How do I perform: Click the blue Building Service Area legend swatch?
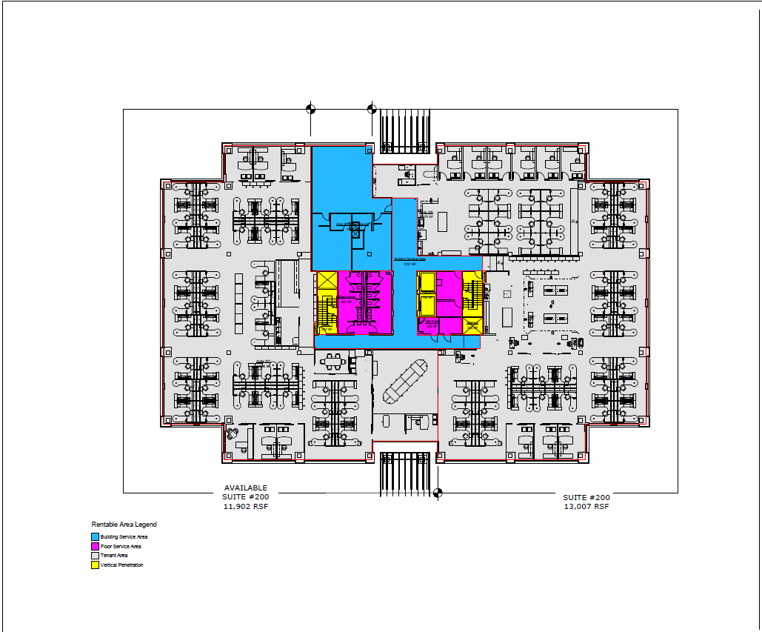point(95,536)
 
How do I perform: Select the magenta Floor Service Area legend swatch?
point(95,546)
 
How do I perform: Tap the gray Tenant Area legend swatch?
point(95,556)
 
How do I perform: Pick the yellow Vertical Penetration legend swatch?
point(95,565)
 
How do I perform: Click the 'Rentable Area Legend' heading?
point(124,525)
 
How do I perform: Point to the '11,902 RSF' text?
point(247,507)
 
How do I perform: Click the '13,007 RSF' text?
point(586,507)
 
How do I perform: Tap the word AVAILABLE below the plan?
point(247,488)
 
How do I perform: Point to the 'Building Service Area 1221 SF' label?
point(408,262)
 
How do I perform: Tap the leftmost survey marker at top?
point(310,109)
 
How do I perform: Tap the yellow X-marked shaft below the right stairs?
point(472,325)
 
